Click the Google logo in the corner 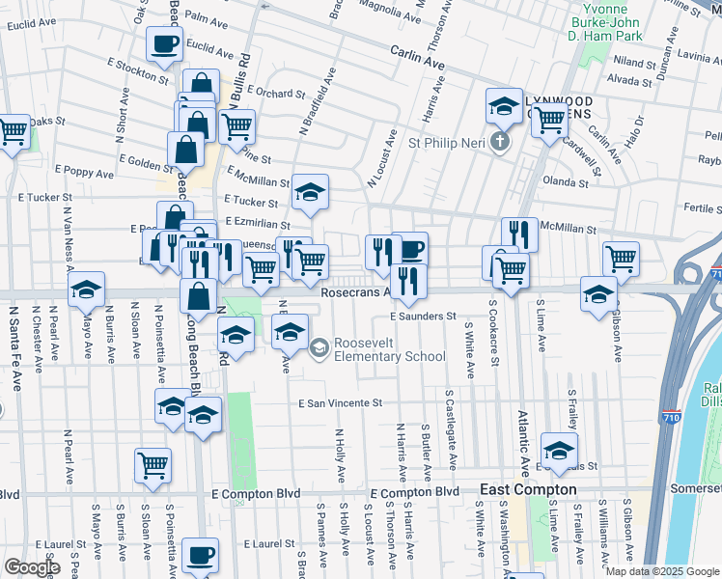(31, 567)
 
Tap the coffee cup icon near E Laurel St (201, 556)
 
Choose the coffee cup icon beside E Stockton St (164, 43)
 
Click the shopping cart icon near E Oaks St (13, 132)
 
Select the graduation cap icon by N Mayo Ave (86, 289)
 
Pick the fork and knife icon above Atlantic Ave (519, 234)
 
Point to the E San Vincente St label (341, 403)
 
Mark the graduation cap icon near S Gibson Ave (598, 293)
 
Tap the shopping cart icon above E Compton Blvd (153, 465)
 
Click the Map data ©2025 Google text (660, 570)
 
